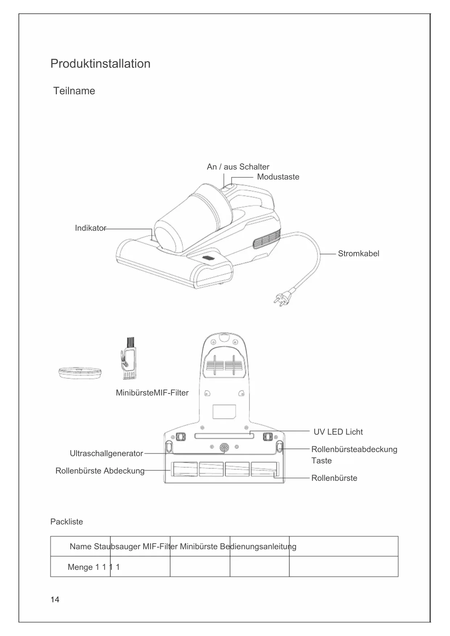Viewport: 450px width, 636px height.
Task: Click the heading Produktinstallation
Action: pyautogui.click(x=100, y=63)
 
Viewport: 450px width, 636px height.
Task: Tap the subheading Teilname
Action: pyautogui.click(x=74, y=91)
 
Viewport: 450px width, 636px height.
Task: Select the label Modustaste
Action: pyautogui.click(x=278, y=177)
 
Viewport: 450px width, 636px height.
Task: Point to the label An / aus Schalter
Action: pyautogui.click(x=238, y=167)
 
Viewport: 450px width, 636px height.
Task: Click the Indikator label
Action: pyautogui.click(x=90, y=228)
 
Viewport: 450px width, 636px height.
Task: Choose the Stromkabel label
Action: pyautogui.click(x=358, y=253)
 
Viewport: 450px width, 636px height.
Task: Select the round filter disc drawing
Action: pyautogui.click(x=80, y=372)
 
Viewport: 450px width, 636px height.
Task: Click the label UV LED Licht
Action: pyautogui.click(x=338, y=432)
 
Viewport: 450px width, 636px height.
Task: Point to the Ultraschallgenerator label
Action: pyautogui.click(x=106, y=453)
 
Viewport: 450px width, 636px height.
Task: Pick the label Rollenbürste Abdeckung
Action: pyautogui.click(x=100, y=471)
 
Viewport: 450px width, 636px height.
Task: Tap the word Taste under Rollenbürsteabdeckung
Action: pyautogui.click(x=321, y=461)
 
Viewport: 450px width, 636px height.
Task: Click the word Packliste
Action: pyautogui.click(x=66, y=522)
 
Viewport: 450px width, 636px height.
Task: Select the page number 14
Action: pyautogui.click(x=55, y=600)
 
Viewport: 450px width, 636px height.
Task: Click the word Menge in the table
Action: pyautogui.click(x=80, y=567)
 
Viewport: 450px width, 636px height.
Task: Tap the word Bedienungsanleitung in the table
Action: pyautogui.click(x=258, y=546)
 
